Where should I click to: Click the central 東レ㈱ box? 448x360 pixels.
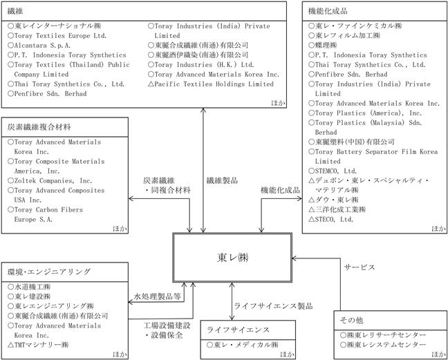tap(232, 258)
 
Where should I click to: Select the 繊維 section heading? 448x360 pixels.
tap(15, 11)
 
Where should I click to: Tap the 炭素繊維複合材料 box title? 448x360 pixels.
tap(39, 127)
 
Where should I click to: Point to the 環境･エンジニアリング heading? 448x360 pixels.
tap(49, 272)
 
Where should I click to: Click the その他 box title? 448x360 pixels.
tap(351, 321)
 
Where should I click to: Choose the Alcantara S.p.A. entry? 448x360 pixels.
tap(39, 46)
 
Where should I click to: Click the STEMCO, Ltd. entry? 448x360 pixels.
tap(333, 171)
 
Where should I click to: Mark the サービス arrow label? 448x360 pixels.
tap(359, 267)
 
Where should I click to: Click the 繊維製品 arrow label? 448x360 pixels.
tap(222, 180)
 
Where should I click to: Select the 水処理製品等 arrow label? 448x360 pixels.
tap(158, 296)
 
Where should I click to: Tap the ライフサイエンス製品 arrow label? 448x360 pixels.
tap(273, 306)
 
